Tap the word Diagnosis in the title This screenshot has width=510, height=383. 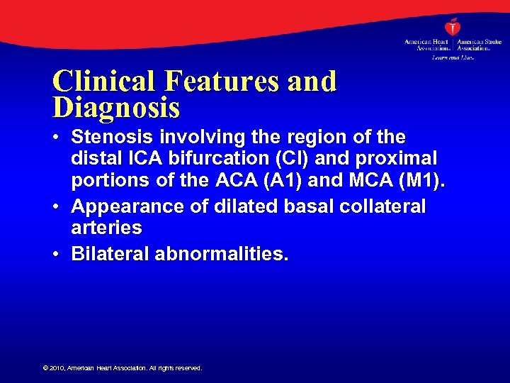[x=116, y=108]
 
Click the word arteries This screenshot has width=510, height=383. [x=106, y=229]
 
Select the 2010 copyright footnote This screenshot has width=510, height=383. [x=123, y=368]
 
